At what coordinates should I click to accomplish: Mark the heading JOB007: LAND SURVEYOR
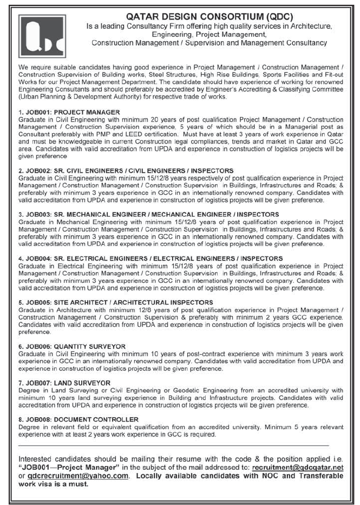click(65, 383)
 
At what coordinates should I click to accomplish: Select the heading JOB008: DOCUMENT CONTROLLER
click(78, 419)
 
